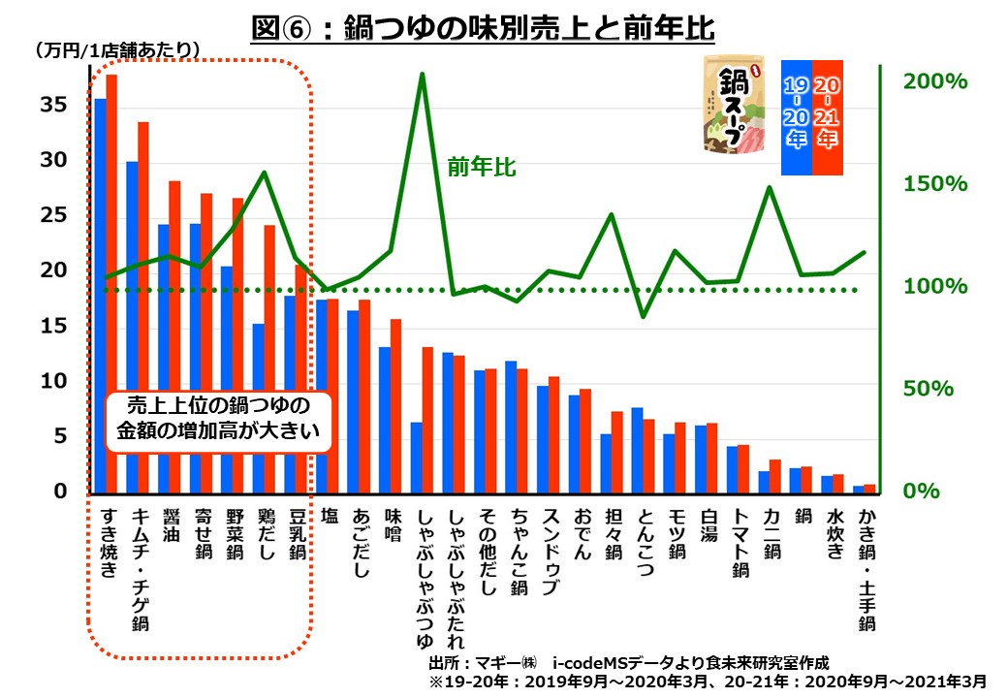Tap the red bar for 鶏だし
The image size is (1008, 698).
(269, 359)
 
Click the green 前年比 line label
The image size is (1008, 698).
(482, 168)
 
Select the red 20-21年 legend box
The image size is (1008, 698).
(828, 114)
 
